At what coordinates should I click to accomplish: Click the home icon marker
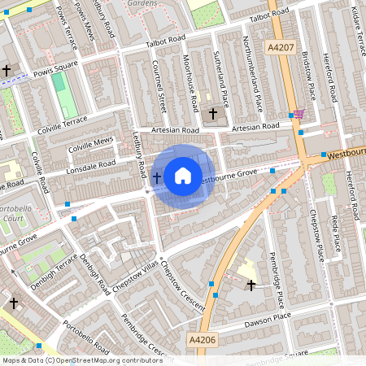tap(183, 176)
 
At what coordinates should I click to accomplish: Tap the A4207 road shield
tap(281, 48)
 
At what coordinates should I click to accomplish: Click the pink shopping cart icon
tap(299, 115)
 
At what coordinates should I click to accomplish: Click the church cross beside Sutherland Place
tap(214, 112)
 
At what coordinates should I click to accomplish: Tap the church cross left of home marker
tap(156, 176)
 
